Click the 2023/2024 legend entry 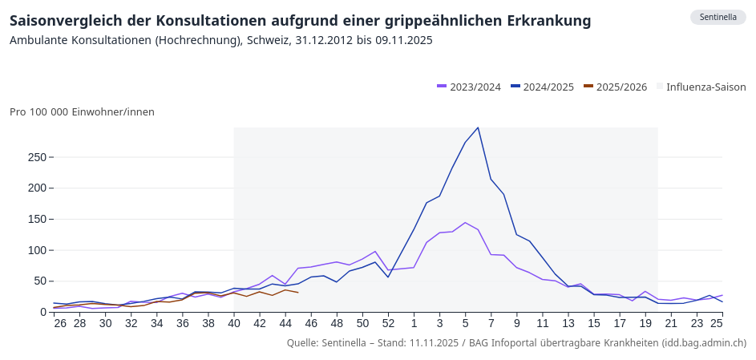469,87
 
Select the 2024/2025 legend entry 543,87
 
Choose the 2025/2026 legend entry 616,87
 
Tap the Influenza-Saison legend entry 701,87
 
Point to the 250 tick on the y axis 36,157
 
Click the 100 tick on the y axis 36,250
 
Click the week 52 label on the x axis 388,323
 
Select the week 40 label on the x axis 234,323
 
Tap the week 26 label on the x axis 59,323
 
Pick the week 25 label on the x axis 717,323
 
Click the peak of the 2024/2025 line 478,127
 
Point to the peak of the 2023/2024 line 465,223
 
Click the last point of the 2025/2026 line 298,293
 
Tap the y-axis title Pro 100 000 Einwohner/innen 82,112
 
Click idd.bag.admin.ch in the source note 703,343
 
